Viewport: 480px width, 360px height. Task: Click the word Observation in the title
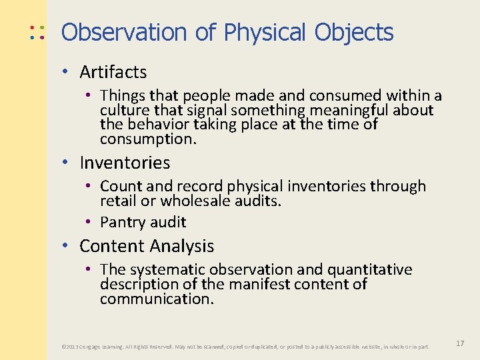pyautogui.click(x=124, y=32)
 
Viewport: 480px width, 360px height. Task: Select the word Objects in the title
pyautogui.click(x=354, y=32)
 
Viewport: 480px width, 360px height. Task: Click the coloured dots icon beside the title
pyautogui.click(x=37, y=33)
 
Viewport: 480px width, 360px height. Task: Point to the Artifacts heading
pyautogui.click(x=113, y=72)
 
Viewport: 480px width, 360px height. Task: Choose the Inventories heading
pyautogui.click(x=125, y=163)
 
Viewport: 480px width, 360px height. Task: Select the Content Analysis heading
pyautogui.click(x=147, y=246)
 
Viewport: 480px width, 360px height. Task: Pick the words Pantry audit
pyautogui.click(x=143, y=222)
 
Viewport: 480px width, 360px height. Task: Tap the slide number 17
pyautogui.click(x=459, y=343)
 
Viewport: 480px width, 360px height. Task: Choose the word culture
pyautogui.click(x=124, y=110)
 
